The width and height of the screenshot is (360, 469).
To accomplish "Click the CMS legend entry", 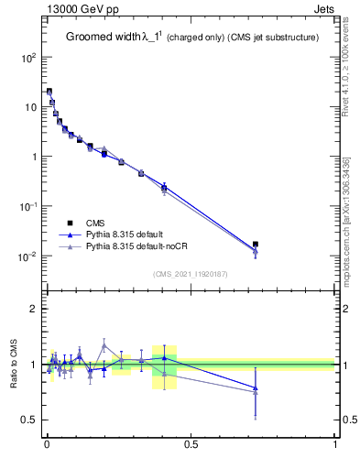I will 95,222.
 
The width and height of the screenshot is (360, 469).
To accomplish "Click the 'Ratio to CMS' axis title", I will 16,365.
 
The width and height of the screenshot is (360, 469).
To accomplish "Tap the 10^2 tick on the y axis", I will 29,57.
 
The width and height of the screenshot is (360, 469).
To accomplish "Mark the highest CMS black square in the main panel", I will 49,92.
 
